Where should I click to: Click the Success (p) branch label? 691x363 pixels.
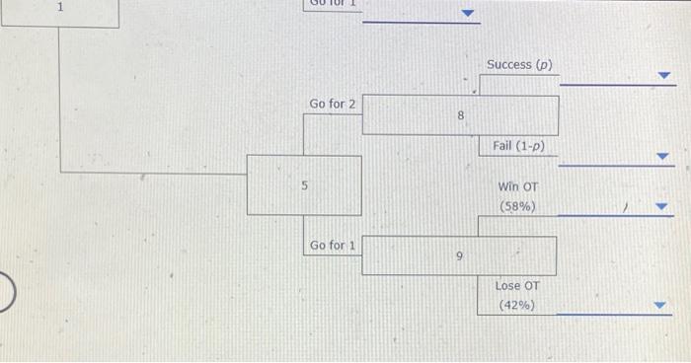519,65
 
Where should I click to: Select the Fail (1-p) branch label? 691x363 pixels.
518,146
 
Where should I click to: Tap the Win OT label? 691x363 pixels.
518,186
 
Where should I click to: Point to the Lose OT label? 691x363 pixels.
517,286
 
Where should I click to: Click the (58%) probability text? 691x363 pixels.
518,206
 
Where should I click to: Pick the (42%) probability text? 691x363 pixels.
517,305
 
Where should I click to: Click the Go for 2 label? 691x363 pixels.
333,104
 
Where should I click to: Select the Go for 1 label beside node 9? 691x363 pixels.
333,245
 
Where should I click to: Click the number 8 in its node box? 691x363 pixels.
460,116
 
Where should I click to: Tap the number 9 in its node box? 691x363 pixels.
459,256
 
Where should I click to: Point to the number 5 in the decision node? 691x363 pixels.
304,184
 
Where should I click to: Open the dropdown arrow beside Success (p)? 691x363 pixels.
664,75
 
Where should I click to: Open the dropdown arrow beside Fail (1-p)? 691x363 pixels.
663,156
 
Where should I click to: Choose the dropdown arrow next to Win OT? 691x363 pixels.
663,207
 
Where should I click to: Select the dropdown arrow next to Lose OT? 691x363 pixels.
663,306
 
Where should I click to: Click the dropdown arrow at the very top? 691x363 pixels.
470,14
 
